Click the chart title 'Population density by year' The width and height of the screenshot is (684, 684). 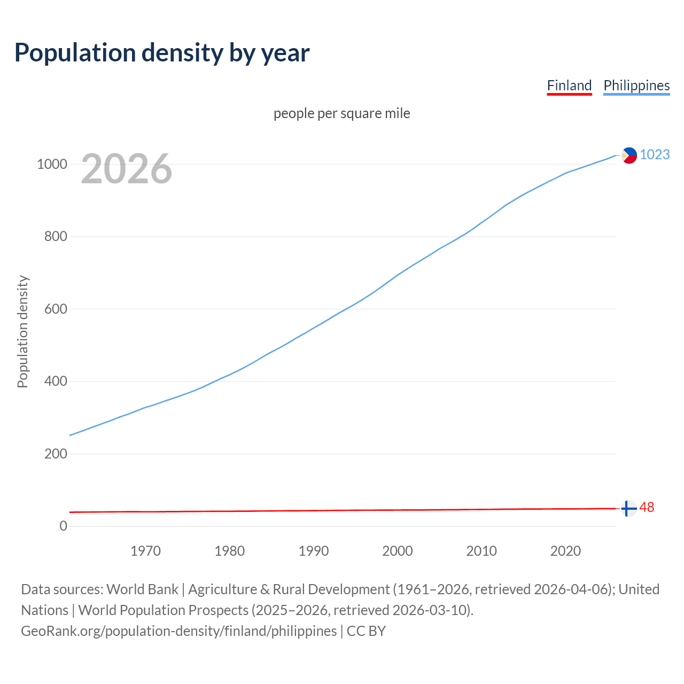click(162, 52)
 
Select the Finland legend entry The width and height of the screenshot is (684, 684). click(569, 85)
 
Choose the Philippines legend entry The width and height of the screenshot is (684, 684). click(636, 85)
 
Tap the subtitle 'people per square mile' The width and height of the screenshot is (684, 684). click(342, 113)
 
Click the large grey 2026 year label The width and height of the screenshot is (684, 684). click(127, 169)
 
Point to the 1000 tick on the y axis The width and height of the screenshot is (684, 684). click(52, 164)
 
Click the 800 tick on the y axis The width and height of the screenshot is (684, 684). click(56, 236)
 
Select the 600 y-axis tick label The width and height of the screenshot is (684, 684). click(56, 309)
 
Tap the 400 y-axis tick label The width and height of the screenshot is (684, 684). click(56, 382)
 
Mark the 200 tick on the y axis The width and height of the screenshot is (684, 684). click(56, 454)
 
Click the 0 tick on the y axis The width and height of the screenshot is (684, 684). click(64, 526)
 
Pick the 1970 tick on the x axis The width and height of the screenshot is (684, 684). click(145, 551)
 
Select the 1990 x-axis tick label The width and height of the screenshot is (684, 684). click(314, 551)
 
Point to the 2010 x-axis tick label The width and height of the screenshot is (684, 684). click(481, 551)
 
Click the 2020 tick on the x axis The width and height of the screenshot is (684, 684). click(565, 551)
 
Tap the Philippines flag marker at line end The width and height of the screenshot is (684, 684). click(629, 156)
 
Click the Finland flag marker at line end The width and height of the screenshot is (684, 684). click(629, 508)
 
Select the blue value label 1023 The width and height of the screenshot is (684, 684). click(655, 154)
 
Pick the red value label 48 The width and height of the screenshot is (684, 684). click(647, 507)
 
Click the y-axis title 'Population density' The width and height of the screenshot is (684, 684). click(22, 331)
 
